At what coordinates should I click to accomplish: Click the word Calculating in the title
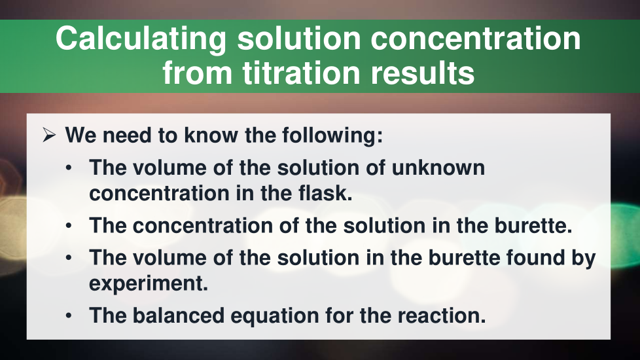[141, 39]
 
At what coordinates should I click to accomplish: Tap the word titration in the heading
[301, 73]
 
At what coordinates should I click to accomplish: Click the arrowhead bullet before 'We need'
[49, 135]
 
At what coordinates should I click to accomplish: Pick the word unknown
[438, 168]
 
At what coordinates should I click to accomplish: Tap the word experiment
[149, 283]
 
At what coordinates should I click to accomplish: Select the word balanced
[179, 315]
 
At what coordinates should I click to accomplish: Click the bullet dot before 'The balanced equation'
[69, 316]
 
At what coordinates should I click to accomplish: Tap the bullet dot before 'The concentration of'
[69, 226]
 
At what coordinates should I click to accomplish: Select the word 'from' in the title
[198, 73]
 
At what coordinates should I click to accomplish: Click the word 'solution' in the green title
[299, 39]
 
